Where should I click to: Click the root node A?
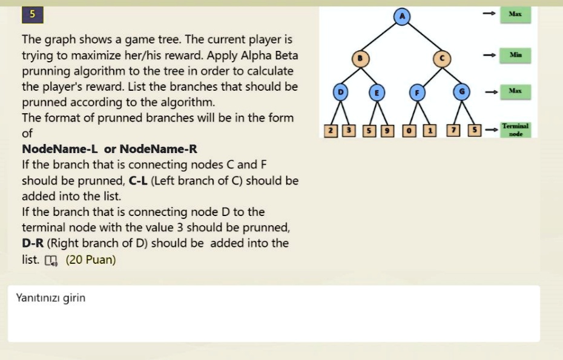click(402, 16)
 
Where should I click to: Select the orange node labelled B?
click(360, 59)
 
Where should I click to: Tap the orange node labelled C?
click(442, 59)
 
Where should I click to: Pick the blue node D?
click(340, 93)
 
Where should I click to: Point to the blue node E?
click(377, 93)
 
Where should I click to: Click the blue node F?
click(417, 93)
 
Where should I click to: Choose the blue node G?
click(461, 92)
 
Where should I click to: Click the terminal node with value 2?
click(331, 131)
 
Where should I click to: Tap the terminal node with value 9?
click(387, 131)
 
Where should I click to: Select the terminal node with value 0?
click(409, 131)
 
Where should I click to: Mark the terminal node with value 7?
click(453, 130)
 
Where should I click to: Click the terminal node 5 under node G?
click(475, 130)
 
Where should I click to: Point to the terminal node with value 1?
click(429, 131)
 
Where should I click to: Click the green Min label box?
click(515, 55)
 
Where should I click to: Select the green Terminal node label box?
click(515, 129)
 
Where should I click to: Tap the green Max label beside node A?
click(515, 15)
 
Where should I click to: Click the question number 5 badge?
click(33, 15)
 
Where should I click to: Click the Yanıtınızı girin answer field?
click(274, 313)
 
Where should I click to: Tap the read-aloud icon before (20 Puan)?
click(51, 261)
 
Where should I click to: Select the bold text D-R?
click(33, 243)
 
